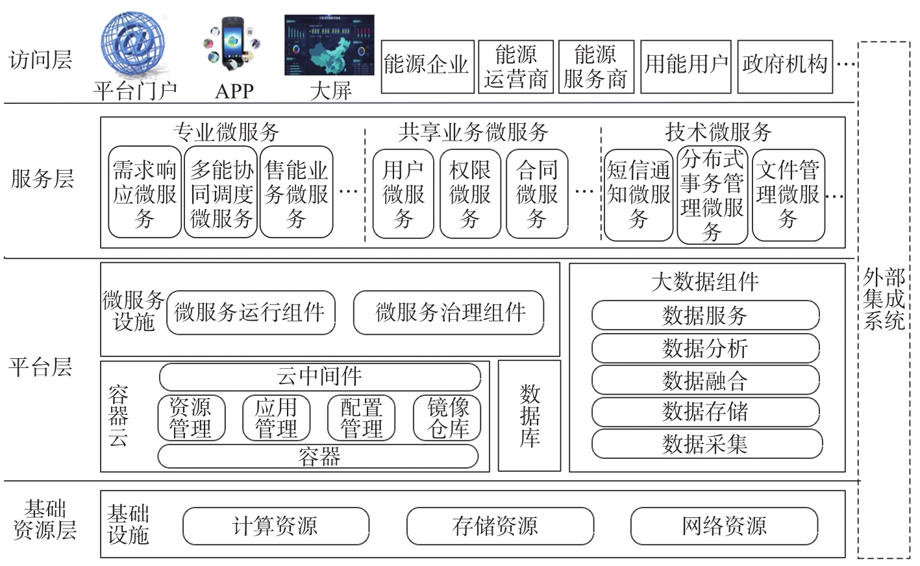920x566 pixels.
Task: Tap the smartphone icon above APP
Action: pos(232,44)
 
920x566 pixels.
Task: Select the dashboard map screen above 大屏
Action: pos(329,45)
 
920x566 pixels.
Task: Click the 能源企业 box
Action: pos(428,67)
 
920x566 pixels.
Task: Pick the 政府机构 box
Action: pos(785,67)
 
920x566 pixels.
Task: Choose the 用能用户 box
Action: pos(686,67)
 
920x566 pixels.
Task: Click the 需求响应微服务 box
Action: pos(145,192)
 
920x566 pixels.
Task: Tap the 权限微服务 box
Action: pos(470,193)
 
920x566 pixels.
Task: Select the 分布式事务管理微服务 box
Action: pos(712,195)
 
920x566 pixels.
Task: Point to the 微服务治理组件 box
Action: pos(449,313)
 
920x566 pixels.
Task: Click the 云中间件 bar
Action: pos(320,376)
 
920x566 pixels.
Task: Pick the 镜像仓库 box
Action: pos(447,418)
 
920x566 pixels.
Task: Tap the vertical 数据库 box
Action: pos(529,415)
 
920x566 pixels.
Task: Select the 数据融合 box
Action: pos(706,380)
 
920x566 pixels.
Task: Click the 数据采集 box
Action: pos(707,443)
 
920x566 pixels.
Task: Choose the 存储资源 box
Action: pos(500,526)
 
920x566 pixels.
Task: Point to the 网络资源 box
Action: pos(724,526)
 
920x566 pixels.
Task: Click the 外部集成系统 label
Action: pos(884,299)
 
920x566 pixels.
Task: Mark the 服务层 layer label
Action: pos(42,179)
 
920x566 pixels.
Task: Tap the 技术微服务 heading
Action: pos(718,132)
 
